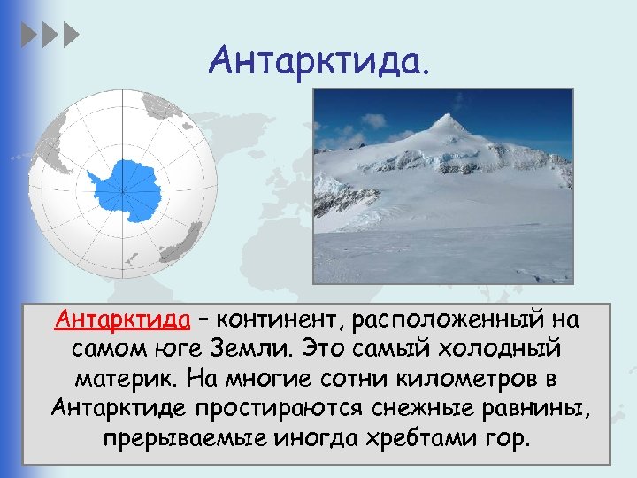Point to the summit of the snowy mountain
pos(455,118)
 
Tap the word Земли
pos(282,348)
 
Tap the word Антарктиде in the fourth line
pos(120,409)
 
